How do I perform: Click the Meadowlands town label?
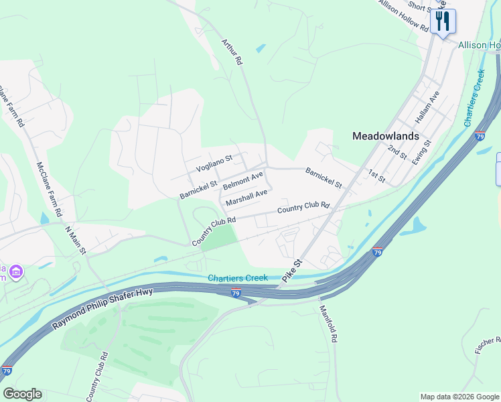click(x=385, y=136)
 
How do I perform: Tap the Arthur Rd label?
click(x=232, y=52)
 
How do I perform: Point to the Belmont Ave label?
click(x=242, y=180)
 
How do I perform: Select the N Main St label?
click(x=76, y=241)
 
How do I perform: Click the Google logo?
click(x=22, y=394)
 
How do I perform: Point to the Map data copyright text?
click(x=459, y=397)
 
